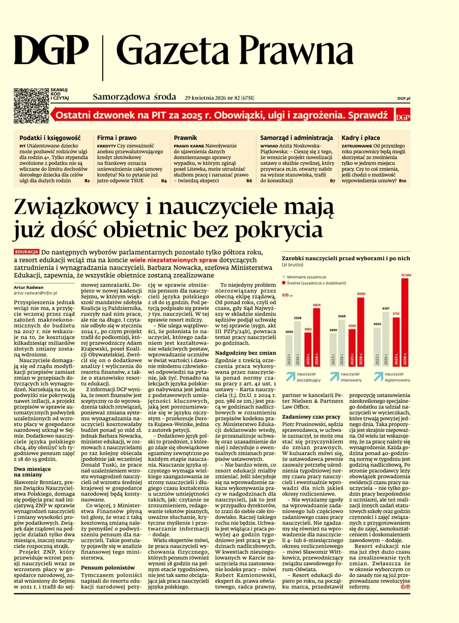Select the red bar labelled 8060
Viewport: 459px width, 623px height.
pos(360,331)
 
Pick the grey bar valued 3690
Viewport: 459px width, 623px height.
pos(289,350)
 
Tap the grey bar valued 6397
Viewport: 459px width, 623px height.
pos(385,338)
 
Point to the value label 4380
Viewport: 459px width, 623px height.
pos(352,326)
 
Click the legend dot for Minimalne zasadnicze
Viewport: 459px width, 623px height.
pos(283,277)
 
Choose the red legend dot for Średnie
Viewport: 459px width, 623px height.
pos(283,283)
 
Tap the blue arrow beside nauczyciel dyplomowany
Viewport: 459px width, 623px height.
pos(378,377)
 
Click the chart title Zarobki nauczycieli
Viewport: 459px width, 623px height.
pos(346,258)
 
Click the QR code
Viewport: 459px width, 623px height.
pos(31,106)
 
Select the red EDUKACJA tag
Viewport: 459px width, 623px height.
pos(27,252)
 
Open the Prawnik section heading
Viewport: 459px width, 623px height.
pos(185,138)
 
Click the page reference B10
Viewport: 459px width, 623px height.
pos(402,181)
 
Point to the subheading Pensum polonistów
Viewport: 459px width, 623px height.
pos(108,568)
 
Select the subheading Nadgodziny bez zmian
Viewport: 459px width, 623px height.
pos(245,353)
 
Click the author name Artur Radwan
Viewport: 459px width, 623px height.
pos(28,287)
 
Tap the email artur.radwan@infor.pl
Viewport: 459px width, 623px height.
pos(35,293)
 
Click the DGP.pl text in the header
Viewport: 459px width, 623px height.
pos(404,99)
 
